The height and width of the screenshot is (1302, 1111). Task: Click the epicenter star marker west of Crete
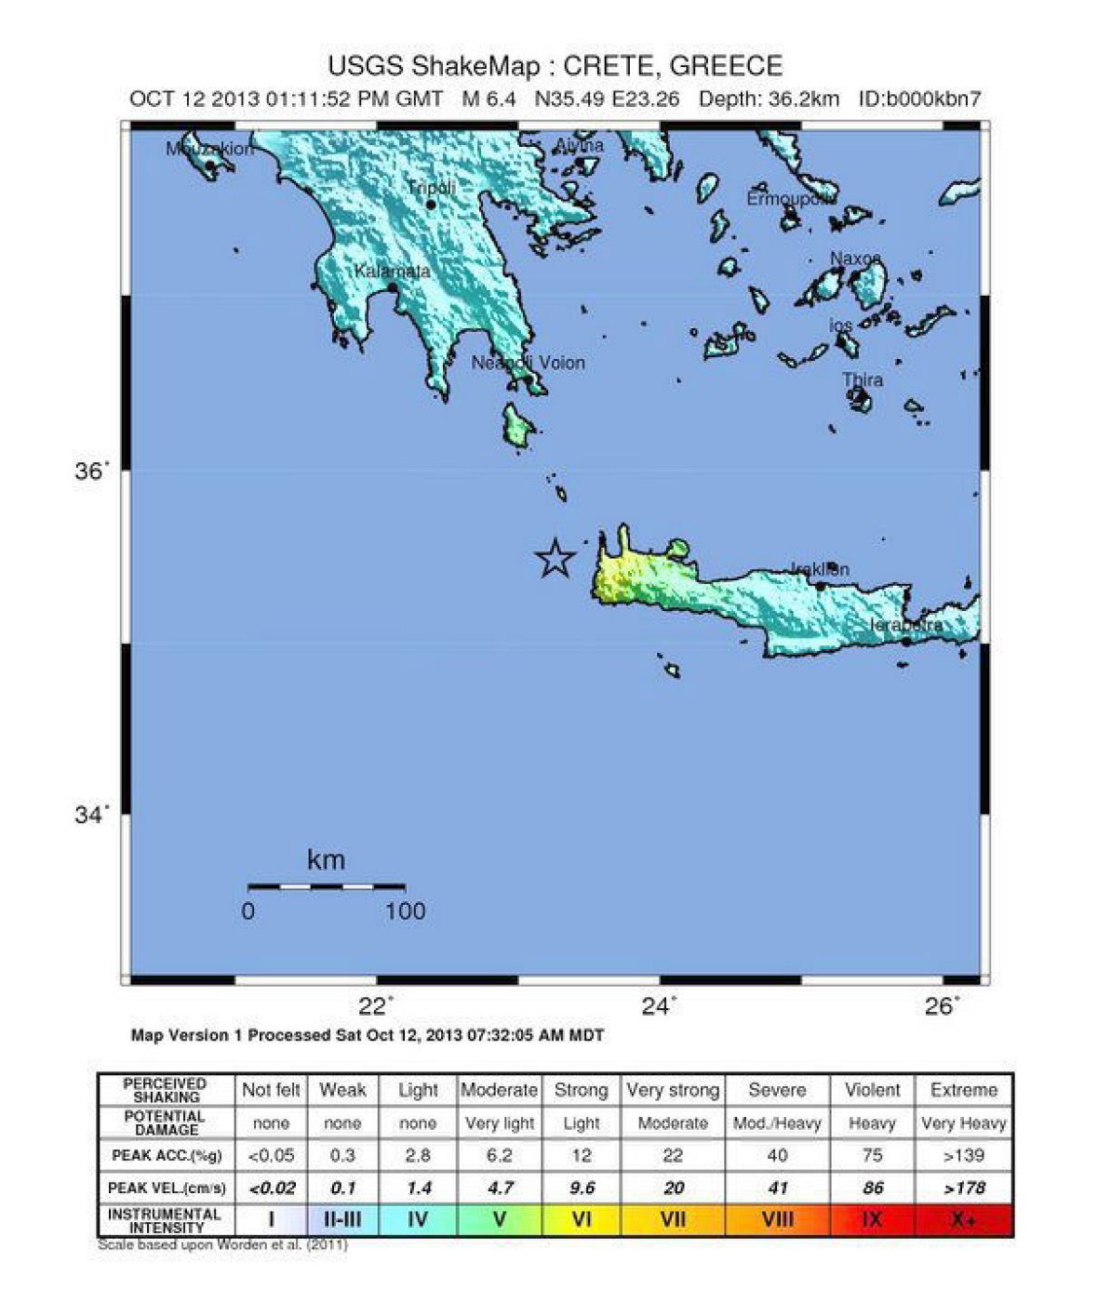tap(555, 558)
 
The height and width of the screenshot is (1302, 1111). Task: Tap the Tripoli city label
tap(431, 189)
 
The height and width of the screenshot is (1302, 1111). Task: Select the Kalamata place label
tap(392, 272)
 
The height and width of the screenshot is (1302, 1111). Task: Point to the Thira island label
tap(863, 380)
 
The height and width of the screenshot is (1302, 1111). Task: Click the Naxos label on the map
tap(854, 258)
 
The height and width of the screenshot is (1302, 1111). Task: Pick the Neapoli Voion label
tap(528, 363)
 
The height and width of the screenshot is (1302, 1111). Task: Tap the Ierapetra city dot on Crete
tap(905, 641)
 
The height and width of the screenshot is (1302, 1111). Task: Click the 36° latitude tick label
tap(91, 472)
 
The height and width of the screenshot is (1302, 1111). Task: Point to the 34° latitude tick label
tap(91, 815)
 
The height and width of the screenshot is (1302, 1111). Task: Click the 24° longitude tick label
tap(660, 1006)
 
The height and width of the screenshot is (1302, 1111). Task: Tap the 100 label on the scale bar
tap(405, 911)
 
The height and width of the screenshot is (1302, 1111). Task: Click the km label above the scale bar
tap(326, 860)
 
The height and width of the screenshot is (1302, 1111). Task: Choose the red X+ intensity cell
tap(963, 1219)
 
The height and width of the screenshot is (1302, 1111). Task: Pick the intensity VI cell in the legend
tap(581, 1219)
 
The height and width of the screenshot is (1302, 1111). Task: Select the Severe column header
tap(777, 1090)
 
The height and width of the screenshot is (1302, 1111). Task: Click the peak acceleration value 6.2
tap(499, 1156)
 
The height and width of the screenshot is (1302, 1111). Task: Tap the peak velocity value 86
tap(872, 1188)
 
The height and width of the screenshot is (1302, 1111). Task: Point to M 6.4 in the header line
tap(489, 99)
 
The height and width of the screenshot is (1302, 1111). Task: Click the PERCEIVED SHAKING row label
tap(165, 1090)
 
